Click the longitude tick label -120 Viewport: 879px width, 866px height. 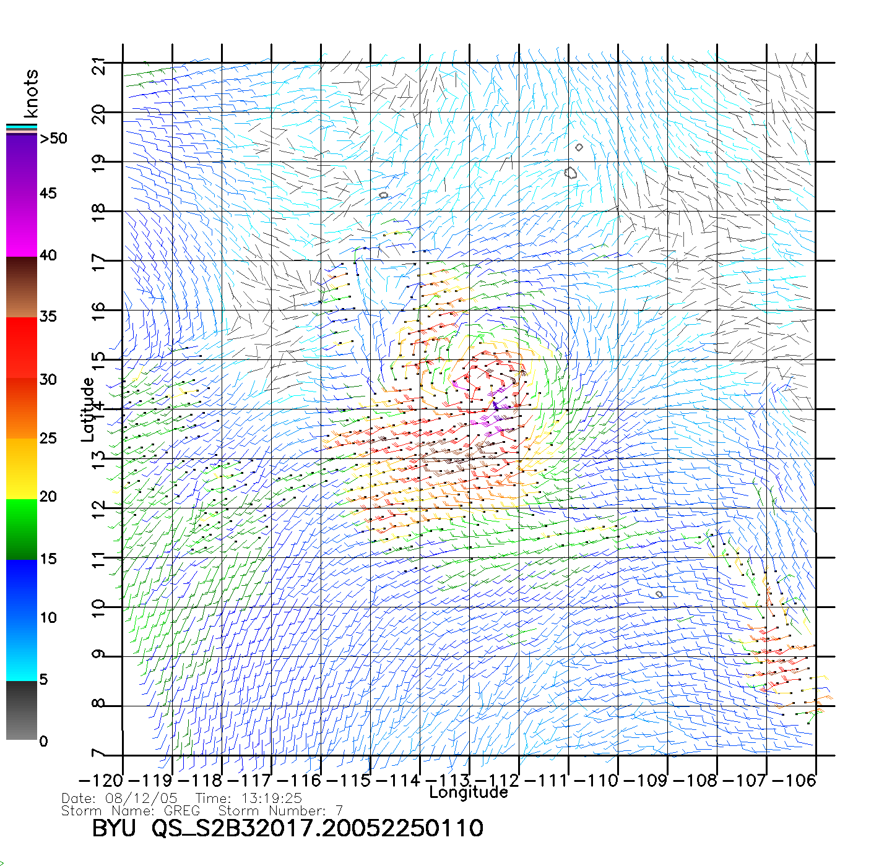[x=103, y=780]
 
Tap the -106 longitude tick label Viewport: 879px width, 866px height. [x=796, y=780]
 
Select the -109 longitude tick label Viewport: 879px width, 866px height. [x=647, y=780]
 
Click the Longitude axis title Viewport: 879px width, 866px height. [x=469, y=792]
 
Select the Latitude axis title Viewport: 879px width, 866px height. [x=88, y=409]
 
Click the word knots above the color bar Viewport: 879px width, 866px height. [x=31, y=93]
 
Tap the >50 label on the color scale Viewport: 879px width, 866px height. [x=53, y=139]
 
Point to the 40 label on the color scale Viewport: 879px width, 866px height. [x=48, y=255]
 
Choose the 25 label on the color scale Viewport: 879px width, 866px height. [x=48, y=439]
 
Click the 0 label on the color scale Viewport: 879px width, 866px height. [x=43, y=741]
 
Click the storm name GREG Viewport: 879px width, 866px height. [x=182, y=810]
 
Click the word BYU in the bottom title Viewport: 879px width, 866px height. [x=114, y=828]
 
